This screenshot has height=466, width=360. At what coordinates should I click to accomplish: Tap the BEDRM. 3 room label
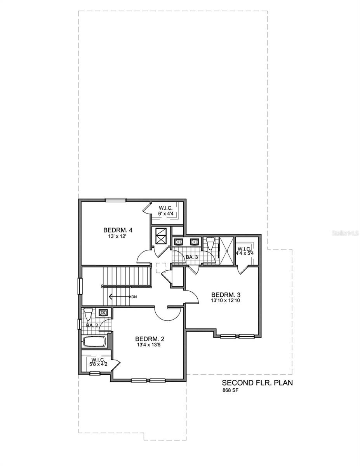pos(223,294)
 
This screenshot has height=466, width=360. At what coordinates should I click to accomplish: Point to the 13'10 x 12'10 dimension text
pos(223,300)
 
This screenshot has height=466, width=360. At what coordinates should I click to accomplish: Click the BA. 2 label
pos(92,325)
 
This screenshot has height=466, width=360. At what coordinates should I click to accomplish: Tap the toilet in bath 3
pos(210,243)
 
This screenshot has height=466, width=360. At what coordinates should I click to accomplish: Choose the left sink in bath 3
pos(179,242)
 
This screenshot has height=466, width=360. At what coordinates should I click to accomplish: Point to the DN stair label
pos(134,297)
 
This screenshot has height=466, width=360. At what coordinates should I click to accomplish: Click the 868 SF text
pos(230,391)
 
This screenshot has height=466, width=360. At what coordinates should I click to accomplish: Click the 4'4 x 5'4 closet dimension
pos(244,254)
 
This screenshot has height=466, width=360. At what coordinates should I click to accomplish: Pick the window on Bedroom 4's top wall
pos(116,200)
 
